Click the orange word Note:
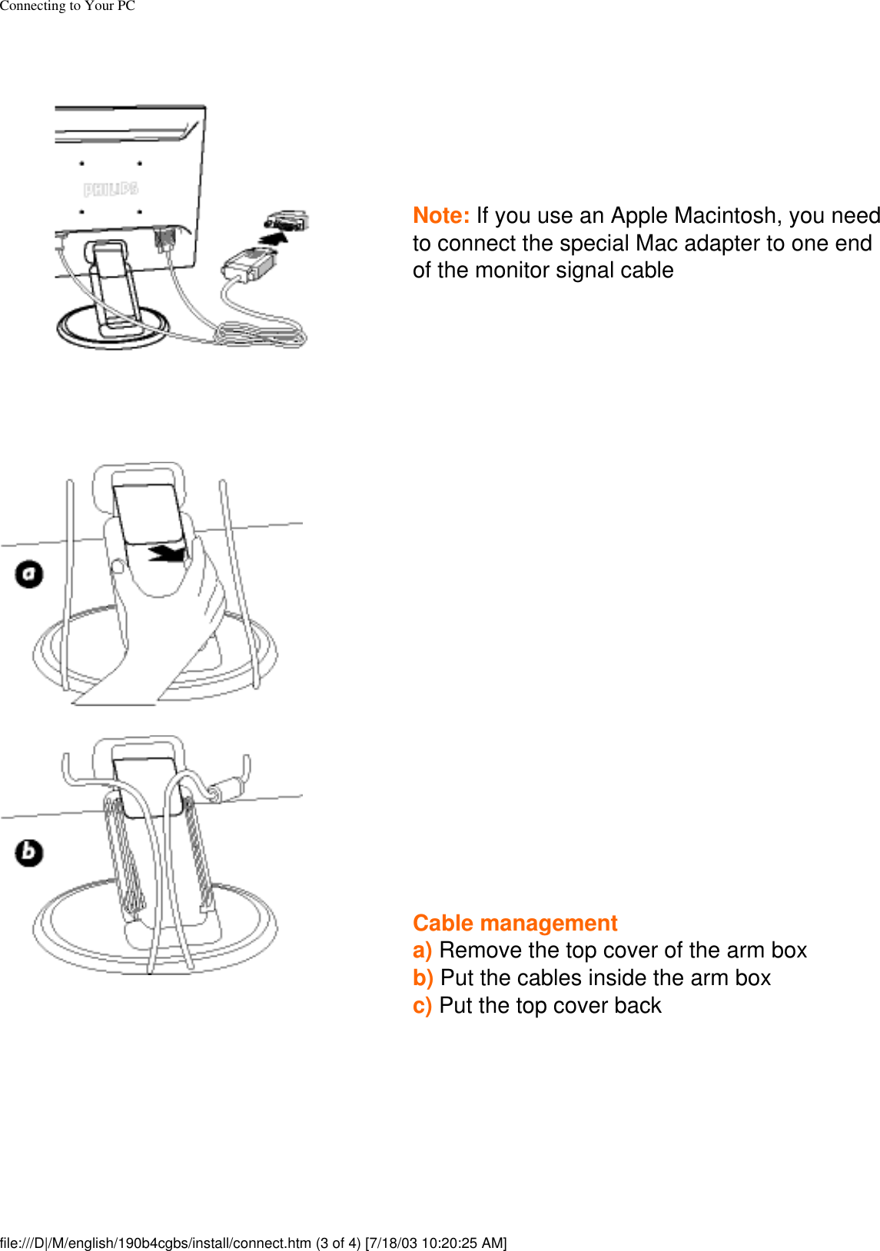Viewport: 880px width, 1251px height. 441,216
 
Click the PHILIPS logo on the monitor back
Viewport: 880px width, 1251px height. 111,189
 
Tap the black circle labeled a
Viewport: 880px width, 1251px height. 29,575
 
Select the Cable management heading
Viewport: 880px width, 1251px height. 515,923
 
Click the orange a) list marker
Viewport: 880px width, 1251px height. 423,951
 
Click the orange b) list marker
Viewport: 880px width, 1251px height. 423,978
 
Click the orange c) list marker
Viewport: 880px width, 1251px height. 423,1005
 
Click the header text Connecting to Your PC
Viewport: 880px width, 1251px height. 68,6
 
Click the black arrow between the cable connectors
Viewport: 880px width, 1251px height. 274,238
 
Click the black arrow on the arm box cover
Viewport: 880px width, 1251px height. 167,554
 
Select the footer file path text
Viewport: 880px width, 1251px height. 253,1243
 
